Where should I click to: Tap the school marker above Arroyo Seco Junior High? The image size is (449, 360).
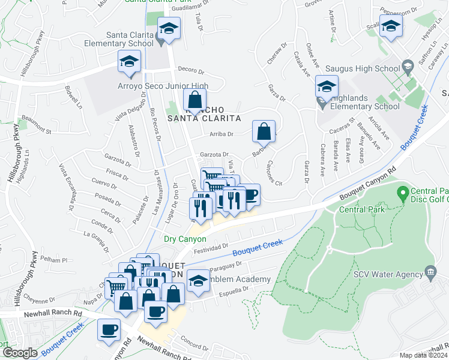(x=129, y=62)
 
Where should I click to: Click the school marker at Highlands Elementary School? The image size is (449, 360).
(x=327, y=88)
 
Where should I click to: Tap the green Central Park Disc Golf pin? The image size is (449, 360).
(x=402, y=193)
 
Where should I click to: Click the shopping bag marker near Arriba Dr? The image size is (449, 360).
(x=264, y=131)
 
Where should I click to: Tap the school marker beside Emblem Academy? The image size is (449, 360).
(x=197, y=280)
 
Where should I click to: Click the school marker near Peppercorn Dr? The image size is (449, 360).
(x=391, y=26)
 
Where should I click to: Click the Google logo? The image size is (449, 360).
(x=19, y=353)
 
